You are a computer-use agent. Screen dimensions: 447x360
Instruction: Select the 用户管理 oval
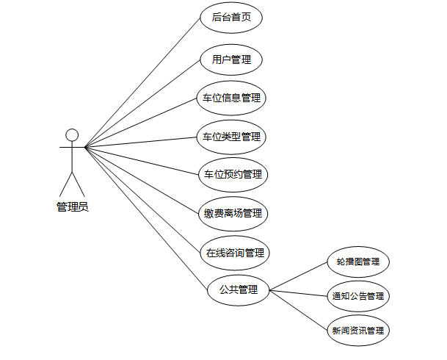pyautogui.click(x=231, y=60)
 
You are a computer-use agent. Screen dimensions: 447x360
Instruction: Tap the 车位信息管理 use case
pyautogui.click(x=231, y=98)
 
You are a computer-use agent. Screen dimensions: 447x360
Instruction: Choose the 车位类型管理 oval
pyautogui.click(x=231, y=137)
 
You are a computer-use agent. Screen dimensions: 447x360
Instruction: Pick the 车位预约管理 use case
pyautogui.click(x=231, y=175)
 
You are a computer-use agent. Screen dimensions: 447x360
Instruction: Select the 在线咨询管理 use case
pyautogui.click(x=234, y=253)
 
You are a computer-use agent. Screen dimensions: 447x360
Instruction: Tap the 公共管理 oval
pyautogui.click(x=239, y=289)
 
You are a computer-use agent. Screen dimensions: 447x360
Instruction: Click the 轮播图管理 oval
pyautogui.click(x=357, y=262)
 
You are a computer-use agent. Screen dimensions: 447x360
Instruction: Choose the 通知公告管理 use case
pyautogui.click(x=357, y=297)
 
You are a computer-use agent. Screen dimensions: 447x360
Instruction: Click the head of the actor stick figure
pyautogui.click(x=72, y=134)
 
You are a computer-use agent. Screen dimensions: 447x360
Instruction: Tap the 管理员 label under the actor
pyautogui.click(x=72, y=207)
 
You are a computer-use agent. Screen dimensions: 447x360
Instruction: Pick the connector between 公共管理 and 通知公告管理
pyautogui.click(x=297, y=293)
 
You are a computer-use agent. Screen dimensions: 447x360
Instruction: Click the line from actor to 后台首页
pyautogui.click(x=143, y=82)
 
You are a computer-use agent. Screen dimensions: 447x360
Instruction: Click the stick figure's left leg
pyautogui.click(x=66, y=184)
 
